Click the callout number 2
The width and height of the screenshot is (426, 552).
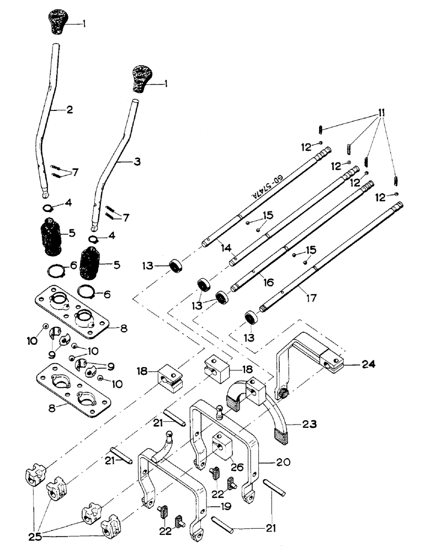coord(70,110)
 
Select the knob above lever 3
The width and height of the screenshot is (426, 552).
coord(141,79)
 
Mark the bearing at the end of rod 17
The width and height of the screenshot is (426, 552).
coord(252,318)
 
